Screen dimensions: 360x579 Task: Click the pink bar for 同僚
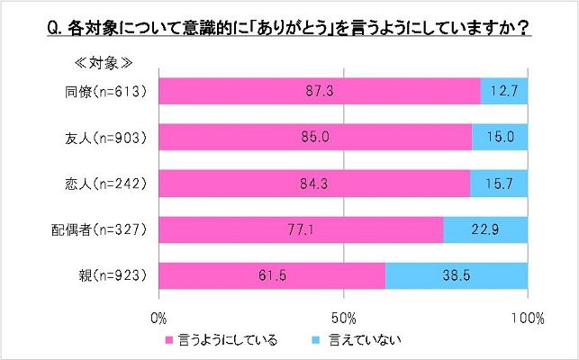[x=320, y=91]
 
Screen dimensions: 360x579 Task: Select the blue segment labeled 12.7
[x=504, y=91]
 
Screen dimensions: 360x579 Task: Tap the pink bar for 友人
[x=315, y=137]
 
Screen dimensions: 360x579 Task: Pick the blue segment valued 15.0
[x=500, y=137]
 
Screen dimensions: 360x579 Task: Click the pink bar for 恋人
[x=314, y=183]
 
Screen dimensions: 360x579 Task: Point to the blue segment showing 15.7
[x=499, y=183]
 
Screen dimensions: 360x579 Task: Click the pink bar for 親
[x=272, y=275]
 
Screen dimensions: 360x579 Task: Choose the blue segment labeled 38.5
[x=457, y=275]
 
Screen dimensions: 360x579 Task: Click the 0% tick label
[x=159, y=318]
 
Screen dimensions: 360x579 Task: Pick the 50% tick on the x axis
[x=343, y=318]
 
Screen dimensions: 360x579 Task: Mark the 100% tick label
[x=527, y=318]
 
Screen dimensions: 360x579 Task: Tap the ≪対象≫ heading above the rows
[x=101, y=64]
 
